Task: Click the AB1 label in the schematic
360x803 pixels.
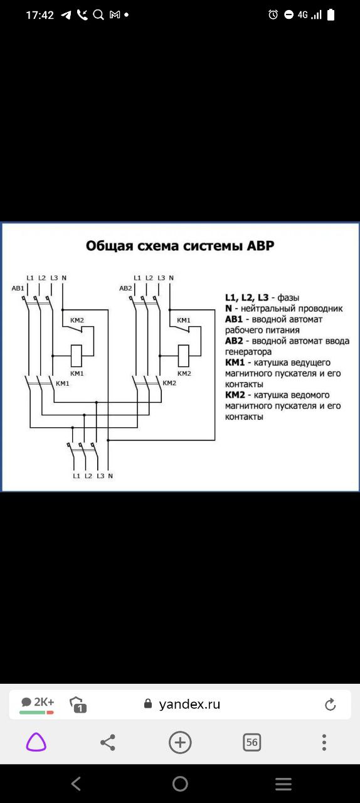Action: [x=18, y=288]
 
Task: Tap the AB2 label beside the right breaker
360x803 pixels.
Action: [x=125, y=288]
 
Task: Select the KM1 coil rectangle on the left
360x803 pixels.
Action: [x=77, y=356]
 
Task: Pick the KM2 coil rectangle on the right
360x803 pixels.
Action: [x=184, y=356]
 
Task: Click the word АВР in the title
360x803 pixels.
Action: [x=261, y=246]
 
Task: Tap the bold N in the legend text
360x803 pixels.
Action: [x=228, y=308]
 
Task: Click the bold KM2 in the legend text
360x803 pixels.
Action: [x=235, y=395]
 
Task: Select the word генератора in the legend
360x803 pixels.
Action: [x=248, y=352]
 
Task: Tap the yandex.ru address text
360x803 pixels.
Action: [x=189, y=704]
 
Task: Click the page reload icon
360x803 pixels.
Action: [x=331, y=705]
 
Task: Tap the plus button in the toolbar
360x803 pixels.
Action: [x=180, y=742]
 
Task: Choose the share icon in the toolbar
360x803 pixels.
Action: [x=108, y=742]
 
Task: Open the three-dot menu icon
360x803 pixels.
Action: [x=324, y=742]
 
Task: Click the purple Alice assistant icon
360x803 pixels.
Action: [x=36, y=742]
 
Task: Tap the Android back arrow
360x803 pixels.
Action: [x=76, y=784]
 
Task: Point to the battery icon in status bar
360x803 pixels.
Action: [x=331, y=14]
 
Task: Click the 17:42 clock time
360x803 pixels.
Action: [x=40, y=15]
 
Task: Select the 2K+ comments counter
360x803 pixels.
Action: [x=37, y=702]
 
